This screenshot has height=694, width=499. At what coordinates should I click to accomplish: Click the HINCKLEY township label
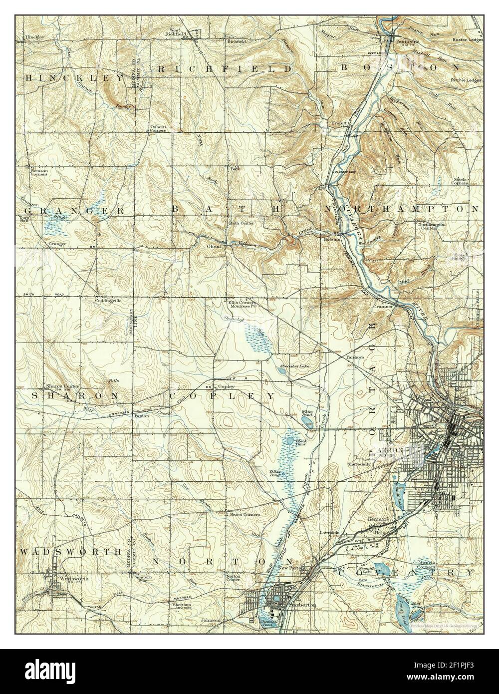click(x=74, y=78)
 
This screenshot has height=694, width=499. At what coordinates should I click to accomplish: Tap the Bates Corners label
click(x=245, y=514)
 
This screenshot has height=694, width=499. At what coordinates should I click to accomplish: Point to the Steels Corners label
click(x=460, y=180)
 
